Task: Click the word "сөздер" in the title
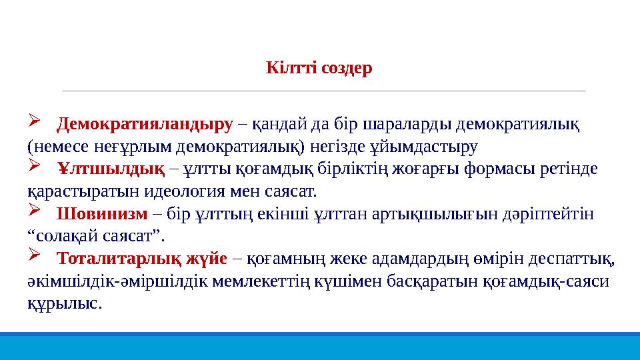coord(346,69)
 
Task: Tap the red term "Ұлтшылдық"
coord(111,169)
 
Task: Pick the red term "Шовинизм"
coord(102,215)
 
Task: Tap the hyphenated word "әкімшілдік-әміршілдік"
coord(117,281)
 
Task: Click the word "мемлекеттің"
coord(261,281)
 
